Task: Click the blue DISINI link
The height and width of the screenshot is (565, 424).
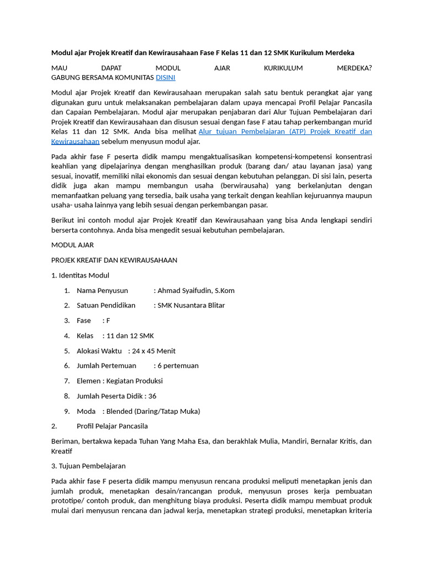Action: (x=166, y=78)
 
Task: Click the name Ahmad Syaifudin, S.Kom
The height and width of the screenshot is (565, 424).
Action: (x=196, y=290)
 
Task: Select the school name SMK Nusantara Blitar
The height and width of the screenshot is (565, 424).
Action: (x=191, y=305)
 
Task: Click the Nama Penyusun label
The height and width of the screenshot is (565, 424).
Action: (x=102, y=290)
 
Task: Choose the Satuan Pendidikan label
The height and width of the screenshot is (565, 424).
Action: (x=106, y=305)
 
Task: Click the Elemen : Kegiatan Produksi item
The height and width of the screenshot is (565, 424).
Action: (x=120, y=381)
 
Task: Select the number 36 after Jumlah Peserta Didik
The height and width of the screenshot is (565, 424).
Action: (x=152, y=396)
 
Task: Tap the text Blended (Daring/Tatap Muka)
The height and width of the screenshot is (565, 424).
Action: (x=153, y=411)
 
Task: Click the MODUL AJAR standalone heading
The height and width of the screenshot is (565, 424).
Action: (x=72, y=244)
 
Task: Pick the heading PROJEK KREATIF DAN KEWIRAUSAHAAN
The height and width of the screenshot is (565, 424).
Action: (x=114, y=260)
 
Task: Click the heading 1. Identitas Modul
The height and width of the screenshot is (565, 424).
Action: (x=80, y=275)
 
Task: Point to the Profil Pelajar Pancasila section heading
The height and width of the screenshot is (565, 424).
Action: (x=112, y=426)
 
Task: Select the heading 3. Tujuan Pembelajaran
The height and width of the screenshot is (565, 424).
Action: (x=88, y=466)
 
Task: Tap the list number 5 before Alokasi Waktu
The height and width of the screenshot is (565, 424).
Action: (x=66, y=350)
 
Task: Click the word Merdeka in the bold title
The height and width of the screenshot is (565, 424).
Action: (x=341, y=52)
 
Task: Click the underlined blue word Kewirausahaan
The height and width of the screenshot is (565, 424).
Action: (x=75, y=141)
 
